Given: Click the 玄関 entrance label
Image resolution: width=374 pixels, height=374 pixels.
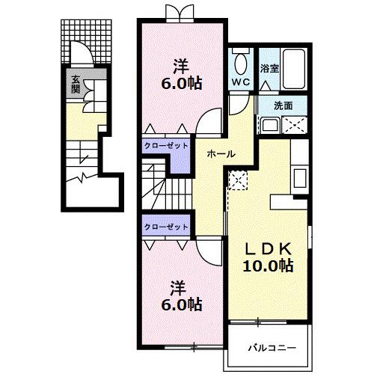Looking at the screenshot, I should point(76,83).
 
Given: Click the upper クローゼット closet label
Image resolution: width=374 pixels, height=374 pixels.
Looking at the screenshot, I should point(166,147).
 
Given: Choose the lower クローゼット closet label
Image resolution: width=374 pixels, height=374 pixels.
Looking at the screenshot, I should point(166,226).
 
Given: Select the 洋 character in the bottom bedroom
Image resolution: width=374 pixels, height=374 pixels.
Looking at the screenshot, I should point(177,286).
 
